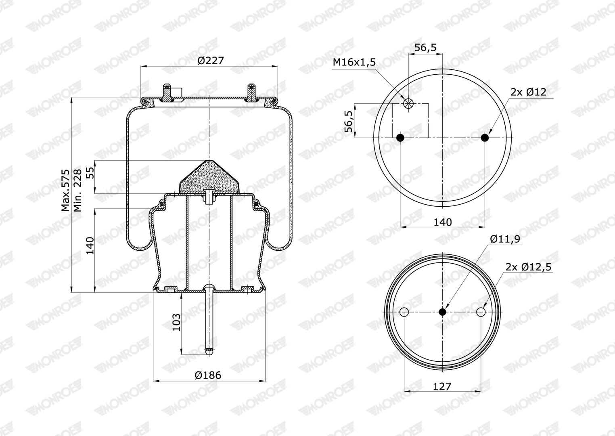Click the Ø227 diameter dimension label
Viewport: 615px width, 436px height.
click(x=211, y=60)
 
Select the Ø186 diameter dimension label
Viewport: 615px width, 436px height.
click(x=207, y=375)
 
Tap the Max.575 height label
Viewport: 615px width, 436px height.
click(x=65, y=190)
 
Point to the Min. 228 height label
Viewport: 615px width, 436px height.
click(x=78, y=190)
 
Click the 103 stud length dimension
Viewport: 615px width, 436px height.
click(x=176, y=322)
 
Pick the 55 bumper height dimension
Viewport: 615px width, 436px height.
click(x=90, y=173)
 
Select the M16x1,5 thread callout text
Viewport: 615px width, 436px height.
click(x=354, y=62)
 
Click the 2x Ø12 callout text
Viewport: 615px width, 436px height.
click(x=528, y=92)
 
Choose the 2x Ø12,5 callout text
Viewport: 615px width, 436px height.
click(x=529, y=267)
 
